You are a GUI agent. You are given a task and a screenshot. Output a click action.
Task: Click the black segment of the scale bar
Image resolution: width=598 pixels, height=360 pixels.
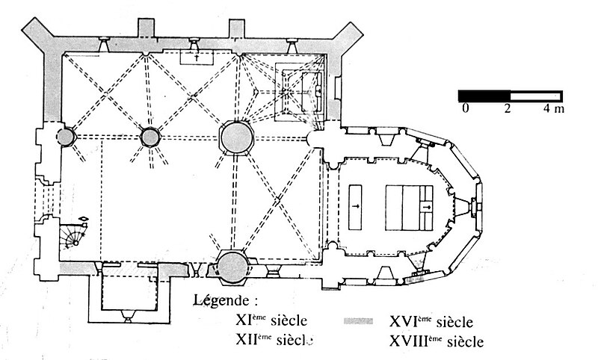[x=484, y=96]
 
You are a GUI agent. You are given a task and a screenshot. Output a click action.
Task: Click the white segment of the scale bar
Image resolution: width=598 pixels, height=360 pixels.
[x=536, y=96]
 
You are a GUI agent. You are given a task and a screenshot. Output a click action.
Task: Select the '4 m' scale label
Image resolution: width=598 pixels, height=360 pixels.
[x=554, y=110]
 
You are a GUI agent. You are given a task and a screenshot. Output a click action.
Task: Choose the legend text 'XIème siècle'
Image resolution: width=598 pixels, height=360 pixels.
[x=270, y=322]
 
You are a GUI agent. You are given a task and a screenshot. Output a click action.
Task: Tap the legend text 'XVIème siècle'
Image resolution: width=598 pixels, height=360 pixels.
[x=431, y=323]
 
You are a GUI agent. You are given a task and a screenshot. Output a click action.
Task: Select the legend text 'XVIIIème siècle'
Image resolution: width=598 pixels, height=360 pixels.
[x=437, y=342]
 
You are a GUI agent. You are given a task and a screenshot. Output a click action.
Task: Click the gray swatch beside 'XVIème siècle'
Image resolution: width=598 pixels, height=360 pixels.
[x=358, y=322]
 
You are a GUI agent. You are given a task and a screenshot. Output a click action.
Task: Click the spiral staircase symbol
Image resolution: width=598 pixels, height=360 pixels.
[x=75, y=235]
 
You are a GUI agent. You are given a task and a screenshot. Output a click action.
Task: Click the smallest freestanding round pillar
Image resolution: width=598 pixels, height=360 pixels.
[x=65, y=137]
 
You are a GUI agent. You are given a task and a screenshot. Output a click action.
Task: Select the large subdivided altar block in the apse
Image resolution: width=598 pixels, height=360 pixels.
[x=410, y=206]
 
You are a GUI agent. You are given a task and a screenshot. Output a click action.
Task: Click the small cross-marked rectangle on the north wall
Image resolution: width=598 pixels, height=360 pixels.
[x=197, y=57]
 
